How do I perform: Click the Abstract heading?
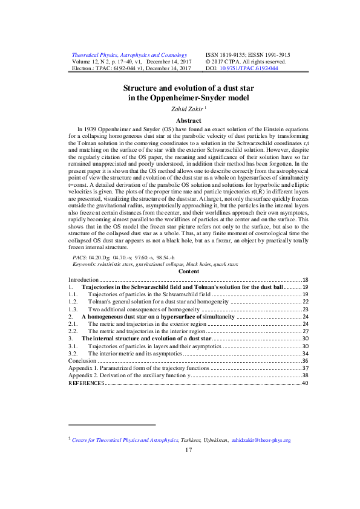[179, 121]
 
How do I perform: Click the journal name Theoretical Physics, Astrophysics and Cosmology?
[129, 54]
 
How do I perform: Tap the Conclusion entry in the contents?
[82, 360]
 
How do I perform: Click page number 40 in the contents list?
[305, 383]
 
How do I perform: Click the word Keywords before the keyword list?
[87, 281]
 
